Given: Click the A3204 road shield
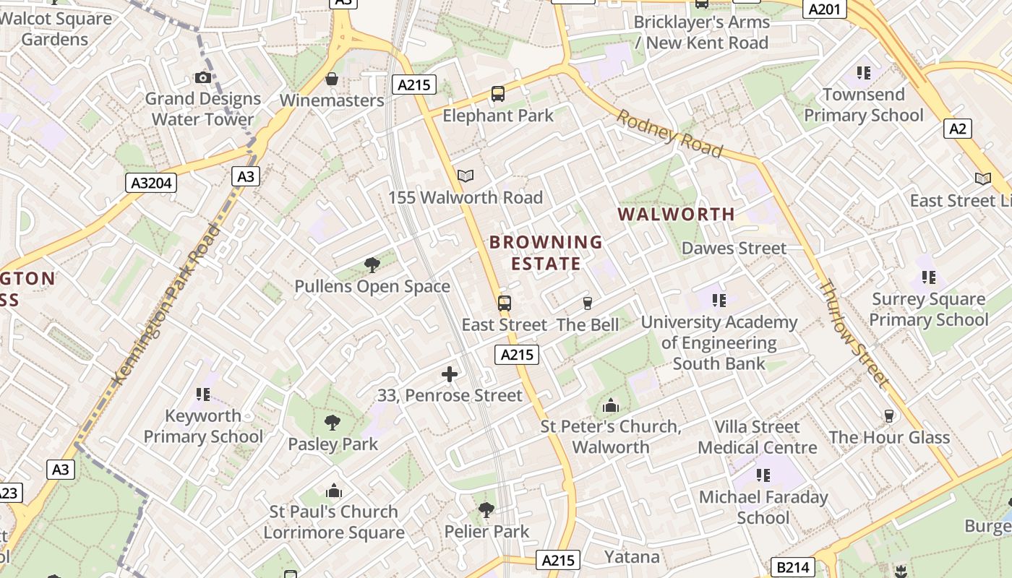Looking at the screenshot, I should pyautogui.click(x=151, y=183).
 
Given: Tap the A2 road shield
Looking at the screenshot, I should pyautogui.click(x=957, y=129).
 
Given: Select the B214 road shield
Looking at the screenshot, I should pyautogui.click(x=793, y=567).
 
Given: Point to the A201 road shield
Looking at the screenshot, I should pyautogui.click(x=825, y=9).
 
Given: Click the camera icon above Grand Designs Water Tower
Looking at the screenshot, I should pyautogui.click(x=203, y=77).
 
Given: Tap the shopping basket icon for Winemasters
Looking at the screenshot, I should pyautogui.click(x=332, y=79).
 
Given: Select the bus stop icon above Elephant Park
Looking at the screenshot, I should pyautogui.click(x=498, y=93).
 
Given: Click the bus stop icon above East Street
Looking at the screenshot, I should pyautogui.click(x=505, y=303).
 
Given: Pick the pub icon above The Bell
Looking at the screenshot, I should pyautogui.click(x=587, y=303).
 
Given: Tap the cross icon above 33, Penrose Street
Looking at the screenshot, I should pyautogui.click(x=450, y=374).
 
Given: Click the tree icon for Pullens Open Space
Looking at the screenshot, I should pyautogui.click(x=372, y=265).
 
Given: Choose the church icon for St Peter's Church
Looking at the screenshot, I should pyautogui.click(x=611, y=405).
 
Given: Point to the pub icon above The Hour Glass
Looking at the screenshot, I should pyautogui.click(x=889, y=416).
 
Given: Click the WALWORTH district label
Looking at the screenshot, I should pyautogui.click(x=677, y=214).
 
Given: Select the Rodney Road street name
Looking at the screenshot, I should pyautogui.click(x=669, y=133).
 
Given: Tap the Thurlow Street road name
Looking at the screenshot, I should pyautogui.click(x=853, y=332).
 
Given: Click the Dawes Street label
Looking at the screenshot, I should pyautogui.click(x=734, y=249).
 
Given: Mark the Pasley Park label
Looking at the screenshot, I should pyautogui.click(x=333, y=444).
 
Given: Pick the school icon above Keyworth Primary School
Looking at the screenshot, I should pyautogui.click(x=203, y=394).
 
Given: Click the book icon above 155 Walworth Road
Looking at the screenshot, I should pyautogui.click(x=466, y=176).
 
